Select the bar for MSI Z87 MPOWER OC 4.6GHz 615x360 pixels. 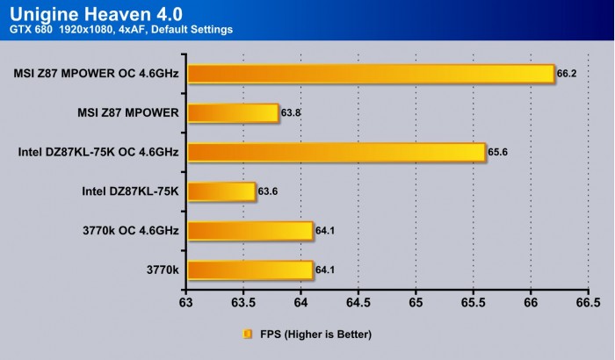370,74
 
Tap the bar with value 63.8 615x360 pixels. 232,113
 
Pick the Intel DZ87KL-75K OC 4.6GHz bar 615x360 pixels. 336,153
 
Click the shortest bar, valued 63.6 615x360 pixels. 221,191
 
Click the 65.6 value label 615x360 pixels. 498,153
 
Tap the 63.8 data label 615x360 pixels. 291,113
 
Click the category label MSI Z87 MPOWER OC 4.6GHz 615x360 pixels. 97,74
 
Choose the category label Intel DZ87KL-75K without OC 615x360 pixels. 130,191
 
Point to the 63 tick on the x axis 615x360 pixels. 185,303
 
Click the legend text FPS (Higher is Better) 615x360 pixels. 315,334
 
